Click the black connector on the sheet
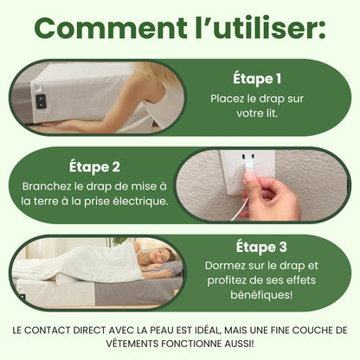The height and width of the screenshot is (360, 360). pos(41,100)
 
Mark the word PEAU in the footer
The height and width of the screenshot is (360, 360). pos(174,331)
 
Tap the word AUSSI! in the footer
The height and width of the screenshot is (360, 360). pos(247,343)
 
